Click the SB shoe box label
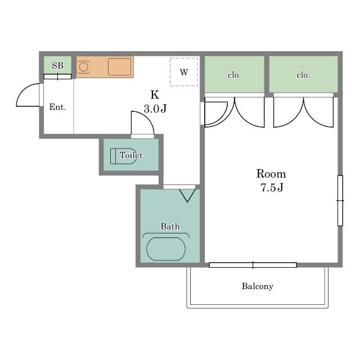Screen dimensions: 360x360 tap(57, 66)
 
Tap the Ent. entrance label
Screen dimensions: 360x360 tap(57, 107)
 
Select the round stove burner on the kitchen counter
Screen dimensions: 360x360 tap(83, 67)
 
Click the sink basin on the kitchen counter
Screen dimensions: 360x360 tap(119, 67)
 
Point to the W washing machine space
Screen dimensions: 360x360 tap(184, 72)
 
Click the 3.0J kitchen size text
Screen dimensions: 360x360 tap(155, 109)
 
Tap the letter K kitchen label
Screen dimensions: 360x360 tap(155, 94)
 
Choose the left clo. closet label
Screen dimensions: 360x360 tap(234, 75)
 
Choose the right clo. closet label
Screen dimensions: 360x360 tap(303, 75)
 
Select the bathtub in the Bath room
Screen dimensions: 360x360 tap(166, 249)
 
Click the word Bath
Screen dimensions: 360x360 tap(170, 226)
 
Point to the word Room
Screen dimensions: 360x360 tap(271, 174)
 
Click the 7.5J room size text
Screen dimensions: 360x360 tap(272, 187)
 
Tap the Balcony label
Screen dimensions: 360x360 tap(258, 286)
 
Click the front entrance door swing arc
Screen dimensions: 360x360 tap(23, 90)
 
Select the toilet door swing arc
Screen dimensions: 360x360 tap(147, 118)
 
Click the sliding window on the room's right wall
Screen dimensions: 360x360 tap(340, 201)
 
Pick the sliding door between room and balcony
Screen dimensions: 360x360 tap(253, 265)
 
